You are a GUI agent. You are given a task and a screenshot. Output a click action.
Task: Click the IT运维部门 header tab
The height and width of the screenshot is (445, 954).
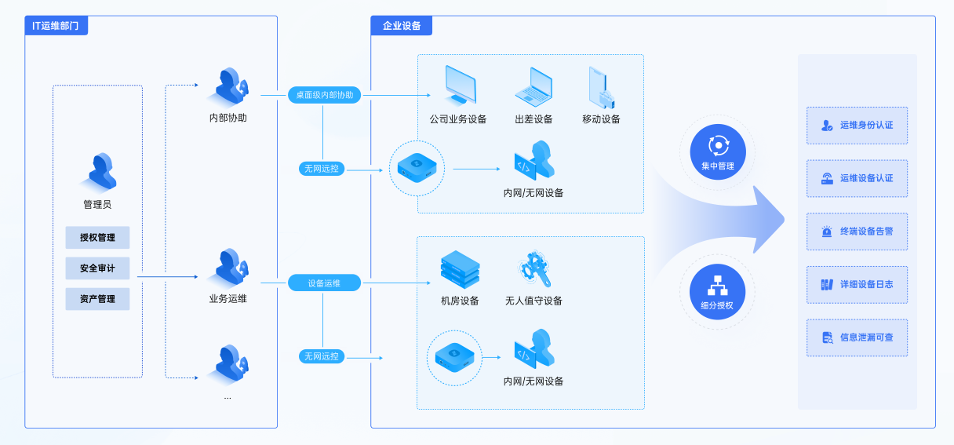(x=56, y=26)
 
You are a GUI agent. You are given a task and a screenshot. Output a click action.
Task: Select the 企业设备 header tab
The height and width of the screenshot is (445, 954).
(x=402, y=26)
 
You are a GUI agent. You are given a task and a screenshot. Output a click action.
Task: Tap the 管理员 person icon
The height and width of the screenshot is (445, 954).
(x=101, y=172)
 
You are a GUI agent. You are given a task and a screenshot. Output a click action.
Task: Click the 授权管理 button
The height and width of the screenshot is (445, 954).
(x=97, y=238)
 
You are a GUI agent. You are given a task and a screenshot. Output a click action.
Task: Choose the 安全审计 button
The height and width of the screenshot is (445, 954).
(x=97, y=268)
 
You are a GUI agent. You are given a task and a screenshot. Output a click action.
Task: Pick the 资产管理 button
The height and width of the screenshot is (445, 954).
(x=97, y=299)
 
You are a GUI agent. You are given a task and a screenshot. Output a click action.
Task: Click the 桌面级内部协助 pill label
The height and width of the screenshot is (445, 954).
(x=325, y=95)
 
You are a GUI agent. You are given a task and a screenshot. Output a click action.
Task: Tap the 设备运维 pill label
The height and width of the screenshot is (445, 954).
(x=325, y=283)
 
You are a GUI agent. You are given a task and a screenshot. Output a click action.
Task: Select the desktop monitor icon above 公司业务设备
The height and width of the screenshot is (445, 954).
(x=460, y=86)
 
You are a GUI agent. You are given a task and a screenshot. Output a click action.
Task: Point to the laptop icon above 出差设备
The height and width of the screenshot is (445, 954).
(x=533, y=87)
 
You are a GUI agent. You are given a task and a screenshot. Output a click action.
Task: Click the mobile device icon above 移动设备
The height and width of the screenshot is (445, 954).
(x=602, y=88)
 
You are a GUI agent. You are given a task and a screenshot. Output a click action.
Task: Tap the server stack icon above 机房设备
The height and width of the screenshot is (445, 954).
(x=460, y=269)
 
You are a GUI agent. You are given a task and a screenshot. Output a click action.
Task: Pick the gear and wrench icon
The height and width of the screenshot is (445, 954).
(x=534, y=269)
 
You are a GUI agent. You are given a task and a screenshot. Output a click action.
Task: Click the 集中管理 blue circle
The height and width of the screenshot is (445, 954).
(x=718, y=151)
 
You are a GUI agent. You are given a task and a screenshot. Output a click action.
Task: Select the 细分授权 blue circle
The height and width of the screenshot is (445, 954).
(x=718, y=291)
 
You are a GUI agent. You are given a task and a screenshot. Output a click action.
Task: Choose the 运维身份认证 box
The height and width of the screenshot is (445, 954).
(x=857, y=126)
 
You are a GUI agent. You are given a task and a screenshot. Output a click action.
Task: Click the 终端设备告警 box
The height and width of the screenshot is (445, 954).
(x=857, y=232)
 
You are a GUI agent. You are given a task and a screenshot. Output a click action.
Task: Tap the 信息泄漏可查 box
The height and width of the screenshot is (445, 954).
(x=857, y=337)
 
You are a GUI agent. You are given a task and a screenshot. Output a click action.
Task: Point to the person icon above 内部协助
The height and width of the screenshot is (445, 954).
(x=230, y=86)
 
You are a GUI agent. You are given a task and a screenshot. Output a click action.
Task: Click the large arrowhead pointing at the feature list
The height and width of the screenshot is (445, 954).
(x=766, y=220)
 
